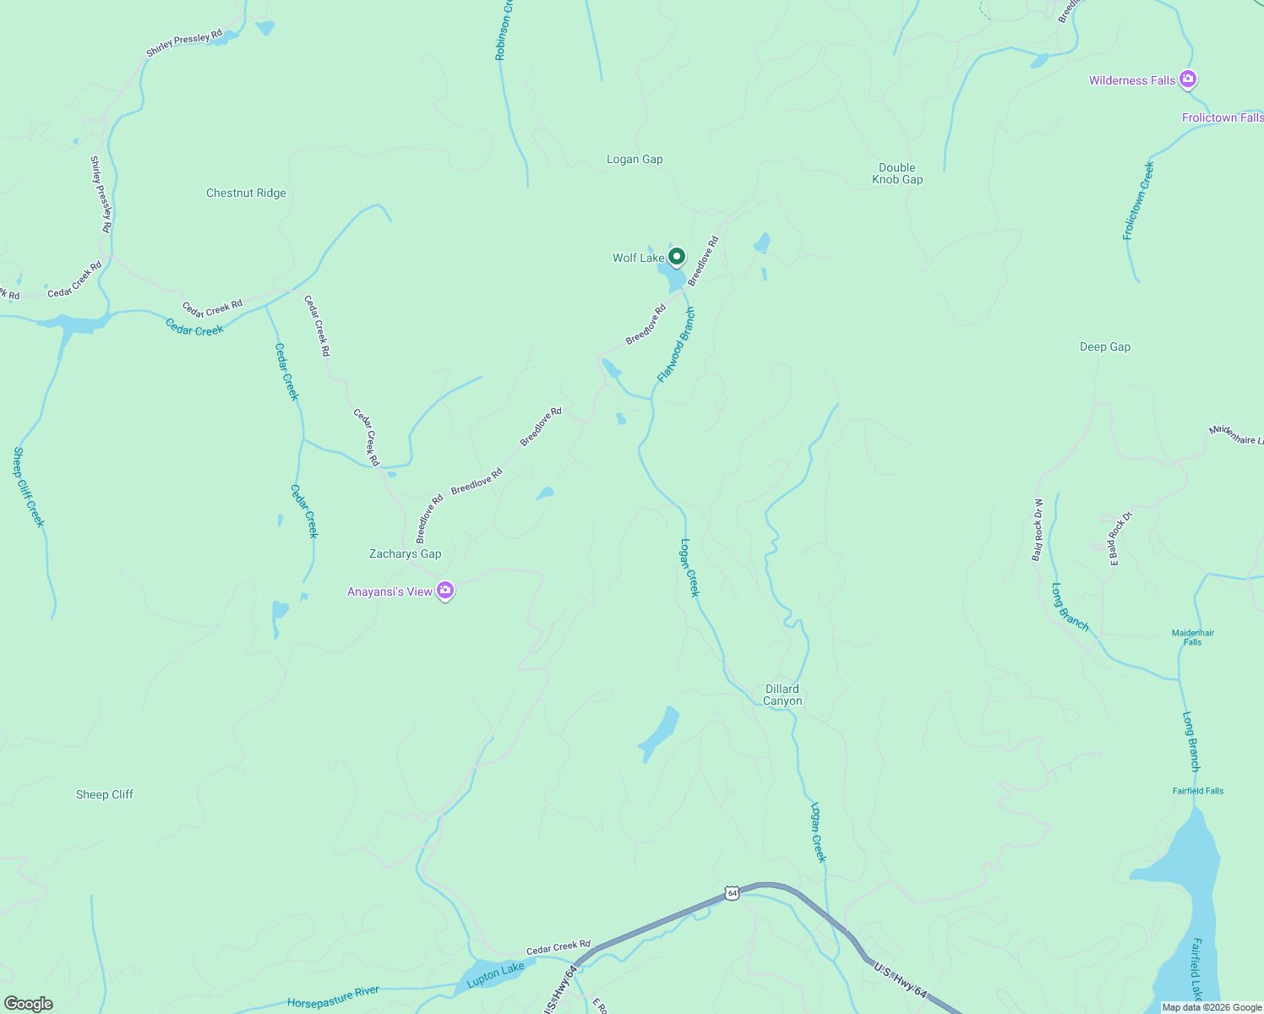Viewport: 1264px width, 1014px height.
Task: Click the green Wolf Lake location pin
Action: coord(676,256)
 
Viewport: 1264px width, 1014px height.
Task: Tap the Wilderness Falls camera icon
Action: coord(1188,79)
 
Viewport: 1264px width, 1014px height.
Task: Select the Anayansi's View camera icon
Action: coord(445,591)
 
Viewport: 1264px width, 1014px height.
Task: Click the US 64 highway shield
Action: coord(732,893)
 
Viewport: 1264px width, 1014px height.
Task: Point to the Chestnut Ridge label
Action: coord(246,193)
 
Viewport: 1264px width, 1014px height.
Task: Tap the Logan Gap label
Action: coord(635,159)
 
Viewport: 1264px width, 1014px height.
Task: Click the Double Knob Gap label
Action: coord(897,173)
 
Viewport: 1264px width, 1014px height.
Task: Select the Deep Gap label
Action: coord(1104,346)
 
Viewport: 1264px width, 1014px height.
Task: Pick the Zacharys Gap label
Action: coord(405,553)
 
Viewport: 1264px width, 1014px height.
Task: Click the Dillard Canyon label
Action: coord(782,695)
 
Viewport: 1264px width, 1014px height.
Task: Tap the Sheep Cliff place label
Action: coord(105,794)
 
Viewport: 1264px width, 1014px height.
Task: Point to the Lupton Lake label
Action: coord(496,973)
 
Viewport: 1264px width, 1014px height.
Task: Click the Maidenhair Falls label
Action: coord(1192,637)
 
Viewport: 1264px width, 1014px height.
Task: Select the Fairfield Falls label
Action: coord(1197,791)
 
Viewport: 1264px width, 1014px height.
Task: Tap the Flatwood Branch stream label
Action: coord(676,345)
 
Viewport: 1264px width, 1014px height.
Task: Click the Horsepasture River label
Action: coord(333,997)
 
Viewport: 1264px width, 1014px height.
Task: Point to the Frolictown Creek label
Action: coord(1138,201)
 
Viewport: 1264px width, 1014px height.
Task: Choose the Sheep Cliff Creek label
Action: coord(28,487)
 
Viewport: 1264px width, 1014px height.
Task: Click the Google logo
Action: coord(28,1004)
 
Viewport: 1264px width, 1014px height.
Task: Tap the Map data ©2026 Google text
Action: coord(1211,1007)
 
